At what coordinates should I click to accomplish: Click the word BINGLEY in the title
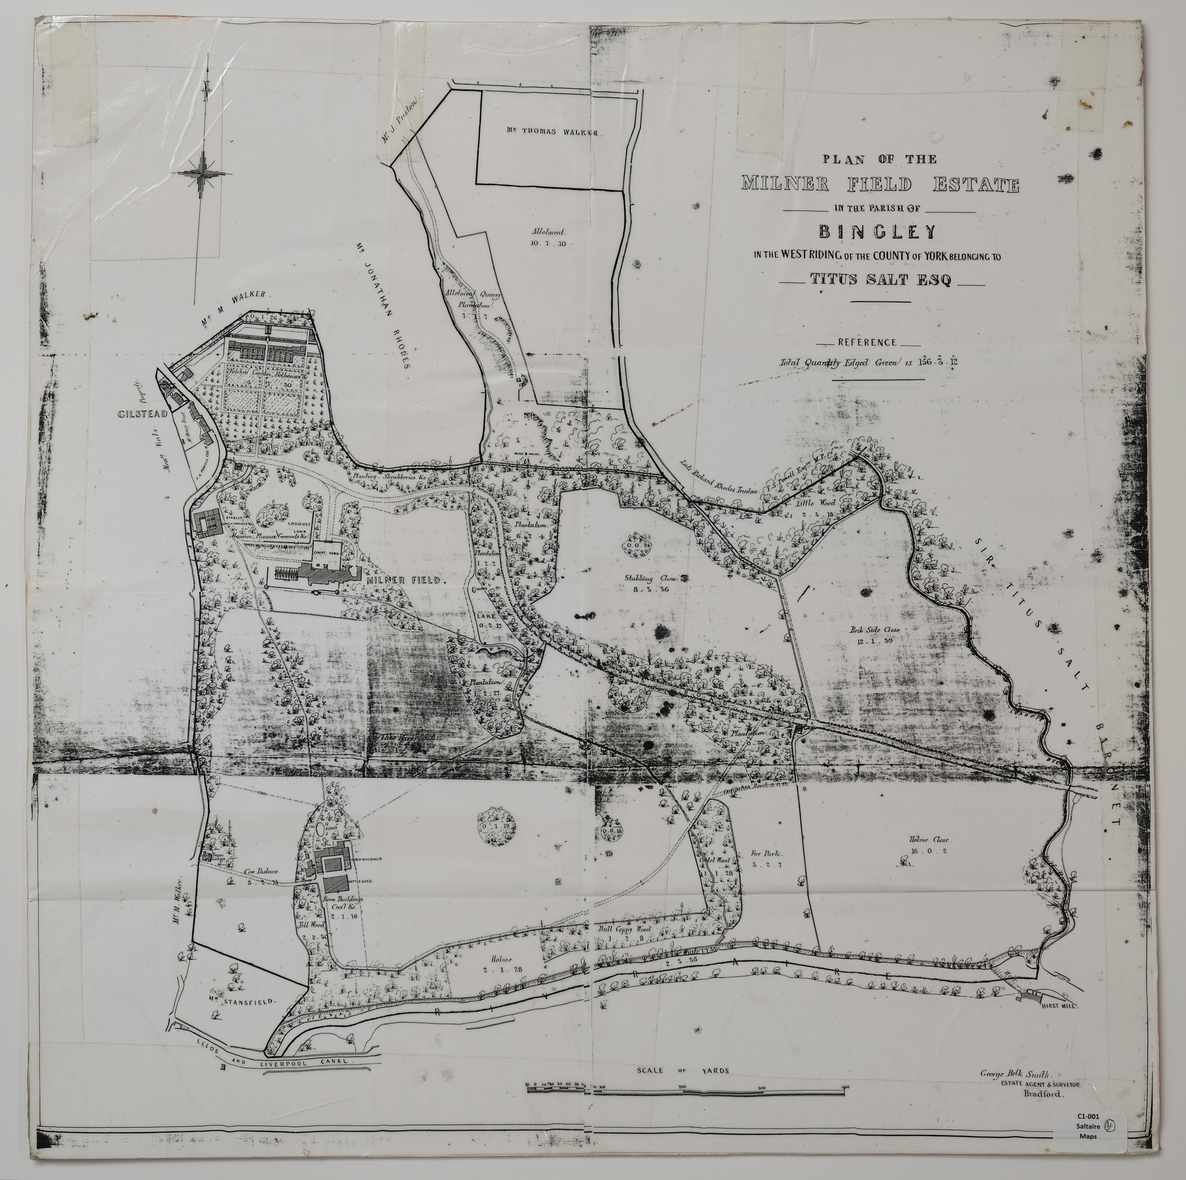pyautogui.click(x=879, y=231)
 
